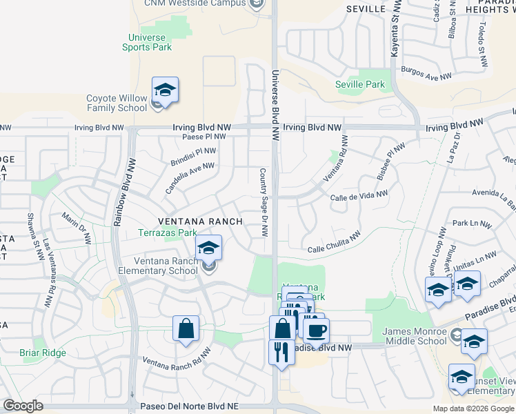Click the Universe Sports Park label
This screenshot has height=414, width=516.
(x=146, y=41)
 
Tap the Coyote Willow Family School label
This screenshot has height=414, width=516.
(x=117, y=103)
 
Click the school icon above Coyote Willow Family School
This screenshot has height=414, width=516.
(x=166, y=90)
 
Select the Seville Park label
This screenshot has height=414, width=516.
(x=359, y=84)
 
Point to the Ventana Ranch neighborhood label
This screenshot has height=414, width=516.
(x=200, y=221)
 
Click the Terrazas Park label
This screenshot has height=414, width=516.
(x=168, y=233)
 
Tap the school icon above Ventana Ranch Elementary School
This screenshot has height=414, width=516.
(x=208, y=248)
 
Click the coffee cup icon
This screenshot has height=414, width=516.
(x=317, y=330)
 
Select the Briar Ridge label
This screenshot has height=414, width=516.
(x=43, y=353)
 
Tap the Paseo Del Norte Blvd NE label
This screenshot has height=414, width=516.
(x=189, y=408)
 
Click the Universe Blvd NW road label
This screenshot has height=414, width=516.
(x=275, y=102)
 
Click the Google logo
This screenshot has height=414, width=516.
(x=23, y=405)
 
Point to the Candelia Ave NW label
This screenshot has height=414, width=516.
(x=190, y=178)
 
